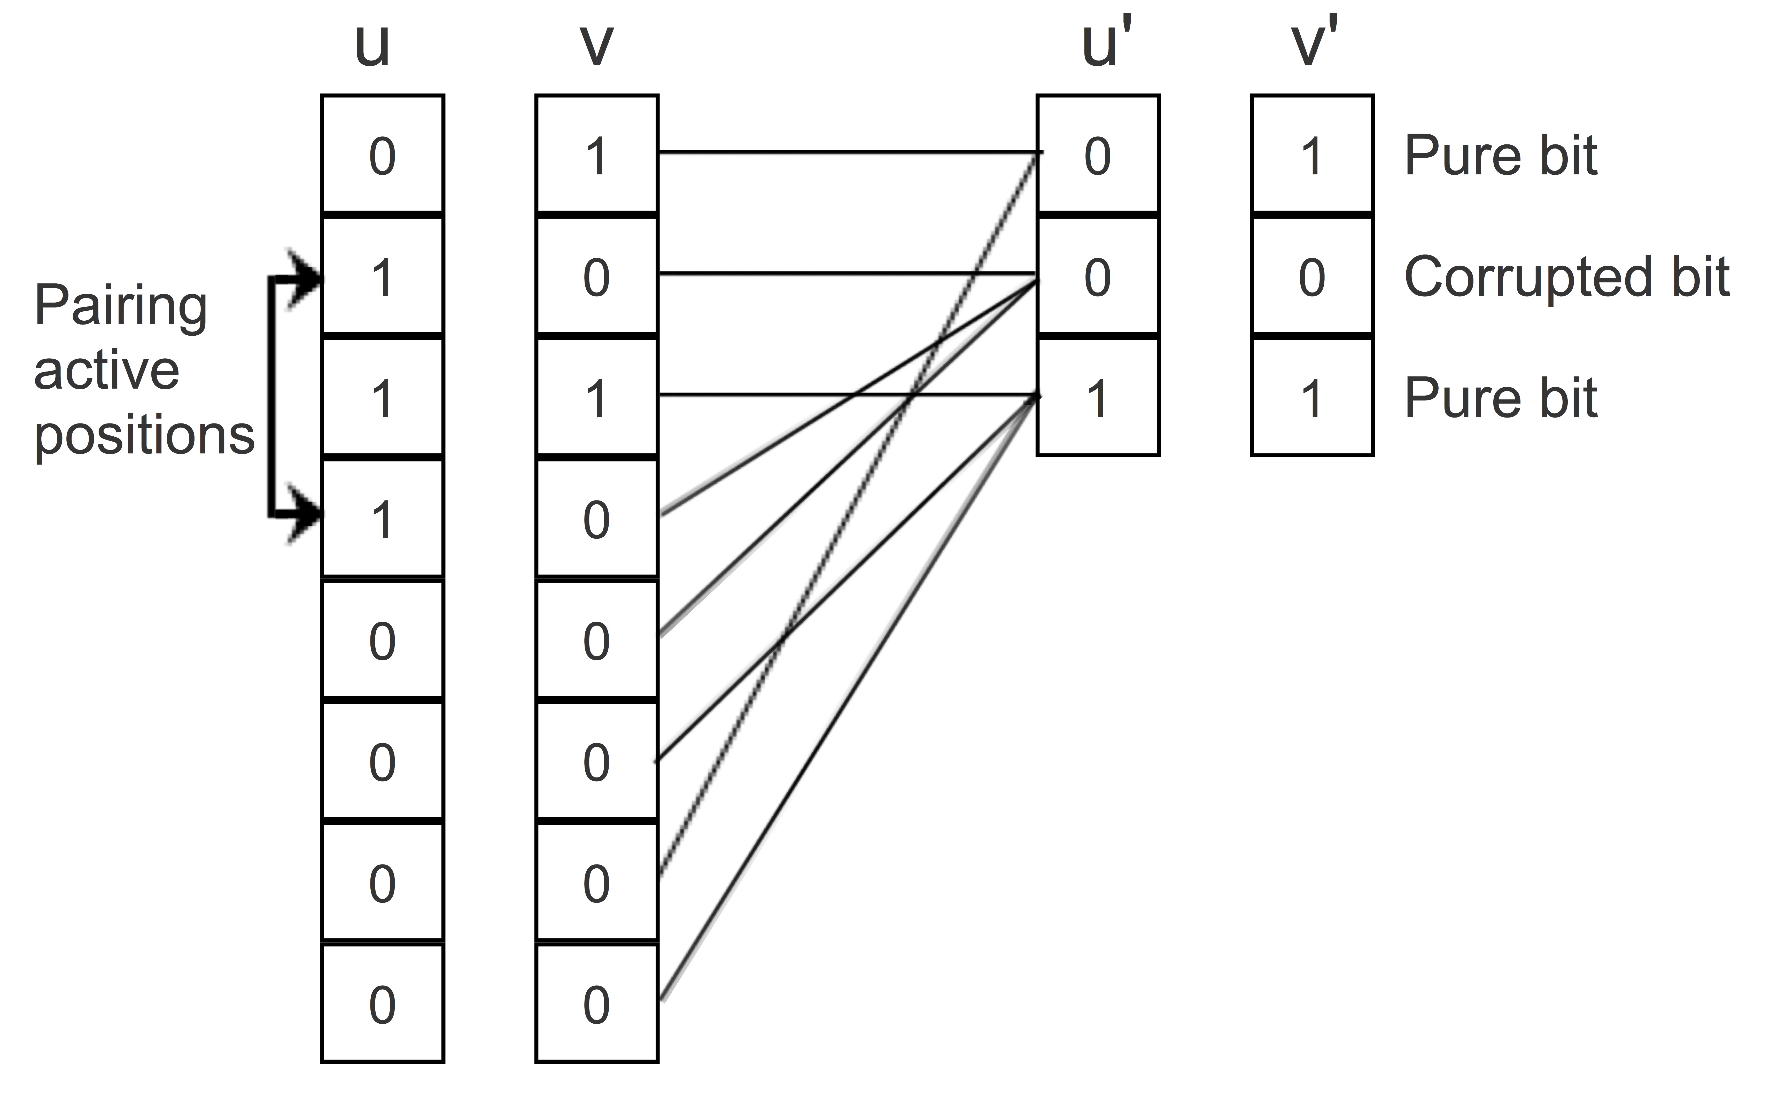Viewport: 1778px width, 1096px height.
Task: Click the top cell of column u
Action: click(383, 155)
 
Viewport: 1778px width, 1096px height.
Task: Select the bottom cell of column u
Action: click(383, 1004)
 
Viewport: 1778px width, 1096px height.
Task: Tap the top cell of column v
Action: click(596, 155)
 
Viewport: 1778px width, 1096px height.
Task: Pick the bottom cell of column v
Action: click(596, 1004)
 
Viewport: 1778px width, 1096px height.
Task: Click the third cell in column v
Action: click(596, 397)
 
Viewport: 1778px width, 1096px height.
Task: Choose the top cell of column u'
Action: click(1098, 155)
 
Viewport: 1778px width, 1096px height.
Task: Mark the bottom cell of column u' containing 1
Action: click(1098, 397)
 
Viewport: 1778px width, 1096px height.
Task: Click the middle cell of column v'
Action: click(1311, 276)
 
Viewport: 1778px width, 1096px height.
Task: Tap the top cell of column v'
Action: click(1311, 155)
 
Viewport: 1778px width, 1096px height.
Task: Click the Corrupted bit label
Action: click(1566, 278)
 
